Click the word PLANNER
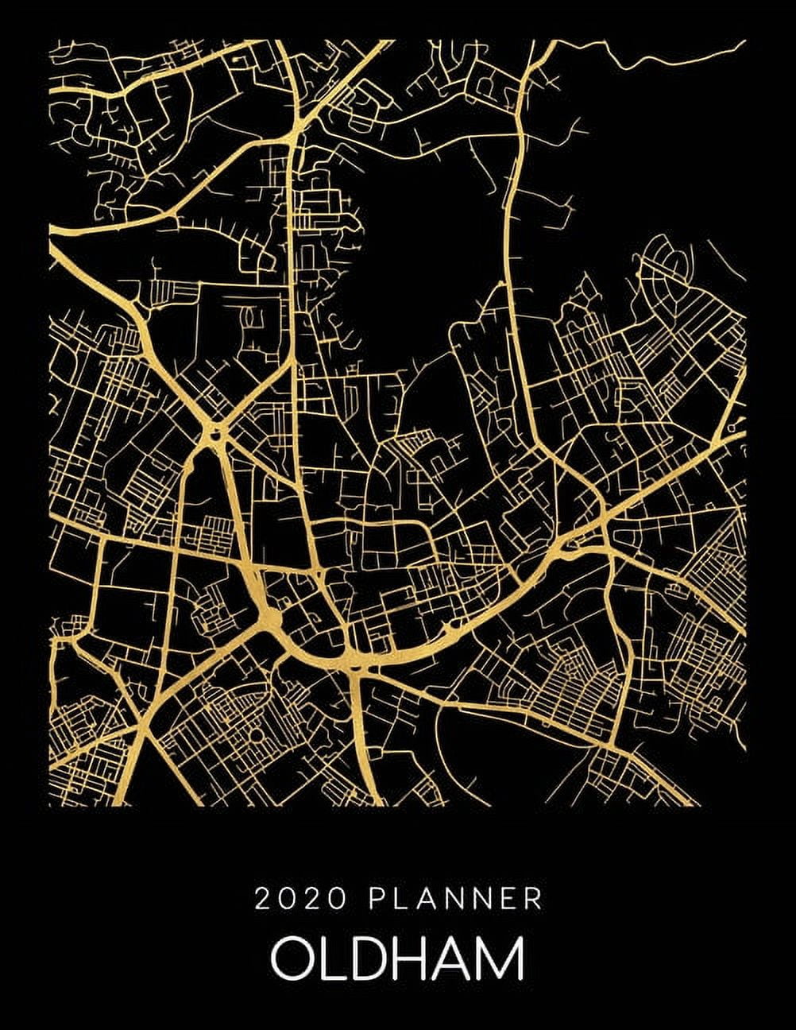(x=455, y=900)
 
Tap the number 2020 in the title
(x=300, y=900)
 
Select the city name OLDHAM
(x=397, y=959)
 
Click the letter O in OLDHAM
(x=292, y=959)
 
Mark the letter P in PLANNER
(x=375, y=900)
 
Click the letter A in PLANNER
(x=424, y=900)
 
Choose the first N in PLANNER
(x=450, y=900)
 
